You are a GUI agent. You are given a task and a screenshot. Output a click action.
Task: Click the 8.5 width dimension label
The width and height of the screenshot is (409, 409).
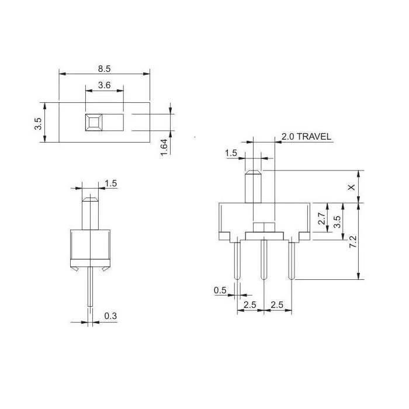(x=105, y=69)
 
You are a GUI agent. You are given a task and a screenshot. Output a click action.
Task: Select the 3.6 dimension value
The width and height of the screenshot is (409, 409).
(x=105, y=85)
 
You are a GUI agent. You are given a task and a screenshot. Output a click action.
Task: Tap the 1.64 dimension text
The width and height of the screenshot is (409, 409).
(x=164, y=147)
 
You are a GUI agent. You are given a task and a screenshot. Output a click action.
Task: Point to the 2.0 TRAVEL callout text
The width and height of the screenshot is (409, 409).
(x=306, y=136)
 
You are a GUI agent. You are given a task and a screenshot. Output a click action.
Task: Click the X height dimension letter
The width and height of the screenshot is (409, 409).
(x=352, y=187)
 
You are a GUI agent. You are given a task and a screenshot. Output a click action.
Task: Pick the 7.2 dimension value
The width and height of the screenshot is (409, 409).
(x=353, y=241)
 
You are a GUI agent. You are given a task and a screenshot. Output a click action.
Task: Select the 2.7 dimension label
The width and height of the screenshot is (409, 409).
(x=321, y=219)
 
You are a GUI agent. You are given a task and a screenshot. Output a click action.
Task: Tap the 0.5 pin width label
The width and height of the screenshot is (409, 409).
(x=220, y=290)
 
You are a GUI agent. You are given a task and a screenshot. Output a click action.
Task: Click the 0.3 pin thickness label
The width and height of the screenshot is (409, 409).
(x=110, y=316)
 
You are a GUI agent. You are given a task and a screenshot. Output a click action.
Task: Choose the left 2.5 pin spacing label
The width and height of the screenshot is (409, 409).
(x=250, y=304)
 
